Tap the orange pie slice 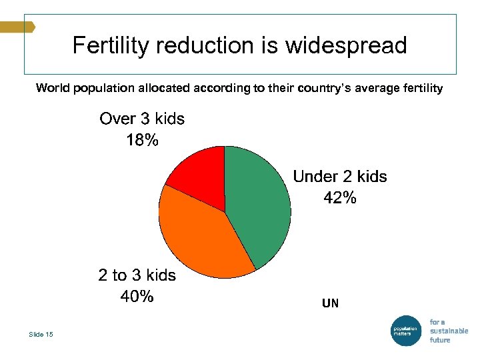pos(200,240)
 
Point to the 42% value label pos(339,198)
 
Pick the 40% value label pos(137,297)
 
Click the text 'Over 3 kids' pos(142,119)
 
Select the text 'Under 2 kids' pos(340,177)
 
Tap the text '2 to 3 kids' pos(137,275)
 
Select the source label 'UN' pos(330,303)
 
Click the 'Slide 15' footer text pos(41,334)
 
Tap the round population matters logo pos(405,330)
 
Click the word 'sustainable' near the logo pos(449,331)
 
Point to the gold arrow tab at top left pos(17,27)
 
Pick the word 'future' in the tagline pos(440,340)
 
